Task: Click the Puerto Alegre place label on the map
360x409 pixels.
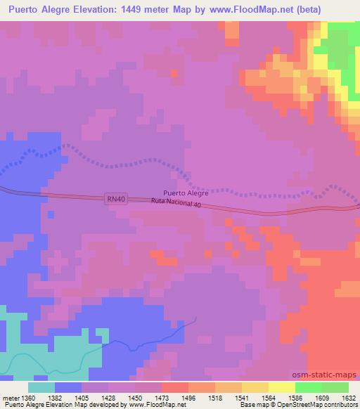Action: [186, 192]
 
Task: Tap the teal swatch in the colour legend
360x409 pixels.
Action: [41, 387]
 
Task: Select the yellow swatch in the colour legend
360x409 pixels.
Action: [281, 387]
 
